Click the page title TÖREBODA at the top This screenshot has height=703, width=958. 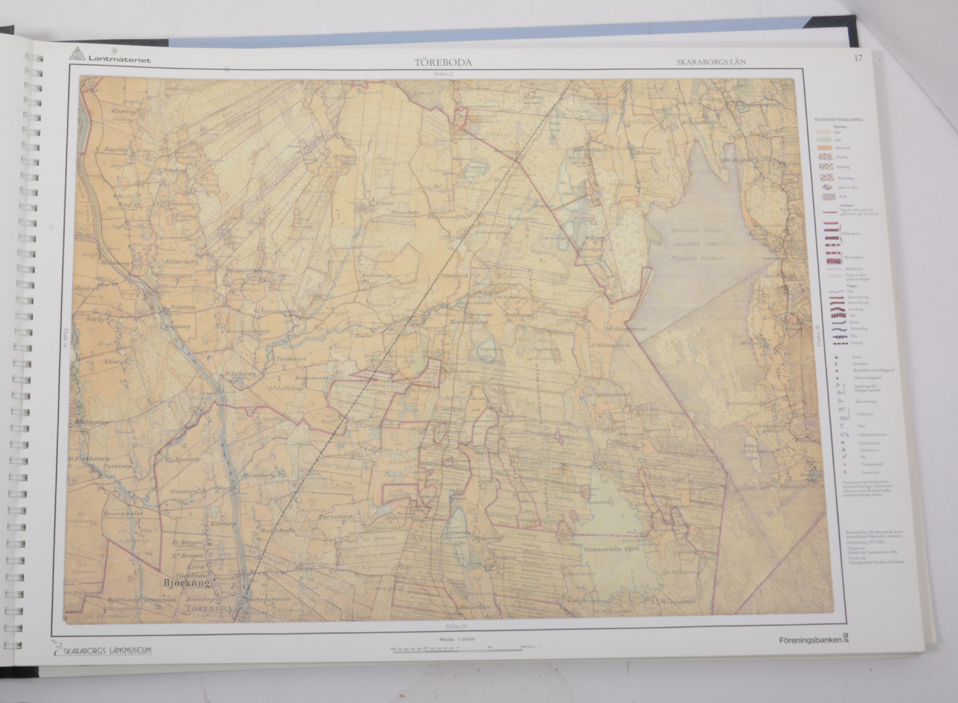(443, 63)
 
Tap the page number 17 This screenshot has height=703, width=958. (858, 59)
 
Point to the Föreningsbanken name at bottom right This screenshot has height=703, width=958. (810, 640)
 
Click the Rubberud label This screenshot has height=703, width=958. (519, 315)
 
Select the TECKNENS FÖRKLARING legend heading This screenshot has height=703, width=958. (838, 120)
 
